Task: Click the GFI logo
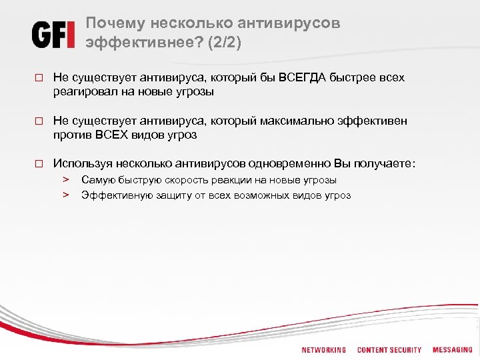[53, 34]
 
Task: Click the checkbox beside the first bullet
[39, 79]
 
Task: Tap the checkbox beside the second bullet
[39, 121]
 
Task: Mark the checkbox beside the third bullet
[39, 163]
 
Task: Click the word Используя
[82, 163]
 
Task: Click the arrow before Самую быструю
[67, 180]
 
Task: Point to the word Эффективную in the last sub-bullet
[111, 195]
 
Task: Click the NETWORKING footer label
[324, 350]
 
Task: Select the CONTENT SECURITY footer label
[389, 350]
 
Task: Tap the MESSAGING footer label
[452, 349]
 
